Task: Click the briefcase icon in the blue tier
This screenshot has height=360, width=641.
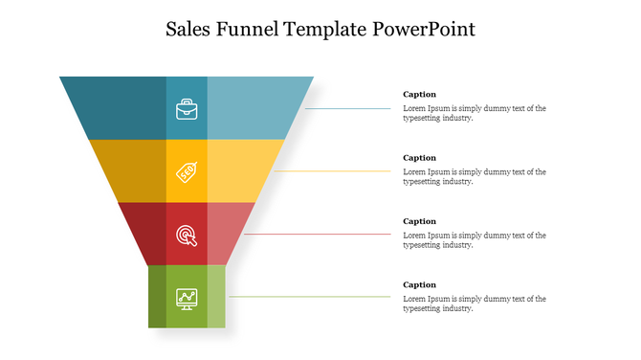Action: pyautogui.click(x=187, y=108)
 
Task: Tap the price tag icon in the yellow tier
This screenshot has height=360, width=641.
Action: pyautogui.click(x=187, y=171)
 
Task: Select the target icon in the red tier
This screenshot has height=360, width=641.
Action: pyautogui.click(x=187, y=235)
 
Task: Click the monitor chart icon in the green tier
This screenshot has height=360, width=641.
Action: pyautogui.click(x=187, y=298)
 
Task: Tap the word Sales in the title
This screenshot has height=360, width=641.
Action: pyautogui.click(x=190, y=29)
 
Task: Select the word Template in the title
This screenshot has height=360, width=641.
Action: pyautogui.click(x=325, y=29)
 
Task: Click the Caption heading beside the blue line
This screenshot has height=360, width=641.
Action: pyautogui.click(x=419, y=95)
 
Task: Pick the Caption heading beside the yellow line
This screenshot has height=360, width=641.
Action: pyautogui.click(x=419, y=158)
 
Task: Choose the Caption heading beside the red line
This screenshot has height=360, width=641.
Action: pyautogui.click(x=419, y=221)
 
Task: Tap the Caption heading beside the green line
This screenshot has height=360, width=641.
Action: pyautogui.click(x=419, y=284)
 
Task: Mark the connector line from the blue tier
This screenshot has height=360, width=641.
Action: pyautogui.click(x=348, y=108)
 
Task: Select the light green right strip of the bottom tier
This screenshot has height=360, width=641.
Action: pyautogui.click(x=216, y=297)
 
